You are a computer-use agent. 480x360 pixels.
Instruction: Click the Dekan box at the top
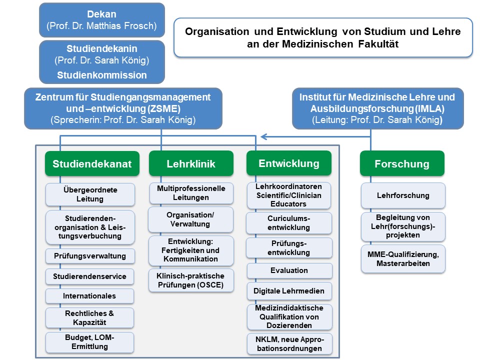102,19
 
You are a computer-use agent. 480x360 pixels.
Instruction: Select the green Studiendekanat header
92,163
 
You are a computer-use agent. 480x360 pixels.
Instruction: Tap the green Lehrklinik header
191,163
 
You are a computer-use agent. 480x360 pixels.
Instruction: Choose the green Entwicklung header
289,163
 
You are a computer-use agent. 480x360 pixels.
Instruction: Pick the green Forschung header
402,163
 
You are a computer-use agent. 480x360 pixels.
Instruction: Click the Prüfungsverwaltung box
90,256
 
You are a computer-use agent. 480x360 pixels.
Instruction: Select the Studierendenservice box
90,276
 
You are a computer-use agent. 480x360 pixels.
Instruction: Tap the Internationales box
90,296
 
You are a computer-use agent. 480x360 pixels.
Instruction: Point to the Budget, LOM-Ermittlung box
90,342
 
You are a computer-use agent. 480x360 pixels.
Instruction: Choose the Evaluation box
289,270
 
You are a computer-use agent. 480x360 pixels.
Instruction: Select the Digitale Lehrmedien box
289,290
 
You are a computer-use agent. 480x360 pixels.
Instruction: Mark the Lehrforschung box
403,195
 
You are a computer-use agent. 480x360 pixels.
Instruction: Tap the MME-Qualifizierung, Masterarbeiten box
403,259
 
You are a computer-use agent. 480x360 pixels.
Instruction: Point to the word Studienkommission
102,75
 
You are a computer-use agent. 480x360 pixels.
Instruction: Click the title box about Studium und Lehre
323,37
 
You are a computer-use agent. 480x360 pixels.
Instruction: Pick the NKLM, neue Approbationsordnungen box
289,344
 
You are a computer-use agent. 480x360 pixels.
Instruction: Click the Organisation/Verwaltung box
191,219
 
